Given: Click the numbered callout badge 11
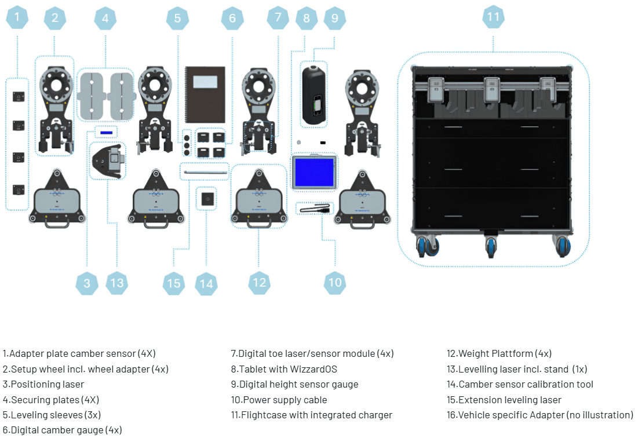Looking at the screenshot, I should click(x=493, y=17).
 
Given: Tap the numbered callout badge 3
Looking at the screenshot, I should click(x=87, y=283).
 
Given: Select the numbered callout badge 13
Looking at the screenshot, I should click(x=117, y=283).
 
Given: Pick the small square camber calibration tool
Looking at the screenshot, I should click(x=206, y=199).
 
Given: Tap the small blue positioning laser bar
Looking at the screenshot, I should click(x=106, y=132).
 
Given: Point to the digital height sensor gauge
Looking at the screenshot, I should click(x=313, y=94).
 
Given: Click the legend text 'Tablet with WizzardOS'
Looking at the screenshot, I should click(x=287, y=369).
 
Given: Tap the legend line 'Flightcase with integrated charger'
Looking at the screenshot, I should click(x=311, y=415).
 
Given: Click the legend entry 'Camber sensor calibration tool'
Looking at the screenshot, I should click(x=520, y=384).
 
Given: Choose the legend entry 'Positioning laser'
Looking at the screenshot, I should click(x=43, y=384).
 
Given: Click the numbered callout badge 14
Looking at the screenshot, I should click(x=206, y=283).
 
